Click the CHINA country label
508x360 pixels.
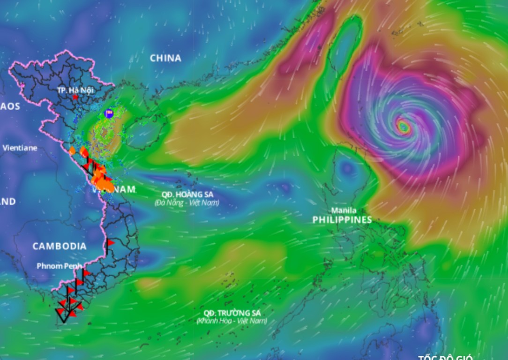coord(165,58)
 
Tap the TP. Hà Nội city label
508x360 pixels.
coord(75,90)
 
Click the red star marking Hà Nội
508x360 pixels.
coord(75,97)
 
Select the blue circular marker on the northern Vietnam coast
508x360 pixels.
coord(109,113)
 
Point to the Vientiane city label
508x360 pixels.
coord(20,148)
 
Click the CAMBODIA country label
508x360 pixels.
coord(60,246)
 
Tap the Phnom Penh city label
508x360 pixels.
coord(59,266)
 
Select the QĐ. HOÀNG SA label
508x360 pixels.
coord(187,195)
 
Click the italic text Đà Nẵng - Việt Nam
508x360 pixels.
coord(187,203)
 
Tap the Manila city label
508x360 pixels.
coord(344,210)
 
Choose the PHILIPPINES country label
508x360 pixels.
coord(342,220)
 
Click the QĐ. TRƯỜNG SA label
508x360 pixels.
coord(232,313)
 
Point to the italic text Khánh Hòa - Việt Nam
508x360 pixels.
coord(232,321)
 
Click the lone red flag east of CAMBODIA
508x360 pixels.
coord(111,242)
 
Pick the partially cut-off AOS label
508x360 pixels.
coord(10,106)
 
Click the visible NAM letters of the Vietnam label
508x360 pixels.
coord(123,189)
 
